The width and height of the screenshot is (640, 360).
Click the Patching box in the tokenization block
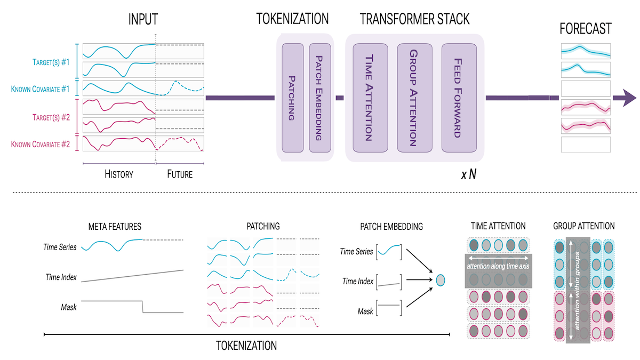pyautogui.click(x=292, y=98)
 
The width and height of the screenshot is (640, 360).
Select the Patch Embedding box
pyautogui.click(x=319, y=98)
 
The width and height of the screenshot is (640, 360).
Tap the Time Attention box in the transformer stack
pyautogui.click(x=368, y=98)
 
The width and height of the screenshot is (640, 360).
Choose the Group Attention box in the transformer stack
pyautogui.click(x=413, y=98)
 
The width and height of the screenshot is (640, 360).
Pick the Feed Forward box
pyautogui.click(x=457, y=98)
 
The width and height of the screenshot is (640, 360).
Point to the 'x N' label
pyautogui.click(x=468, y=174)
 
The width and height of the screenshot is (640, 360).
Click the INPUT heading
pyautogui.click(x=143, y=20)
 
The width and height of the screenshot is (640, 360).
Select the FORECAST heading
pyautogui.click(x=585, y=28)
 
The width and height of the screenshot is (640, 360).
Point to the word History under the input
pyautogui.click(x=118, y=174)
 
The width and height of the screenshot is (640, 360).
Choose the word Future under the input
pyautogui.click(x=180, y=174)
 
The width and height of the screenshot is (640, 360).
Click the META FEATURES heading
pyautogui.click(x=115, y=227)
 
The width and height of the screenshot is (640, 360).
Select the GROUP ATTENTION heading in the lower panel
pyautogui.click(x=584, y=226)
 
